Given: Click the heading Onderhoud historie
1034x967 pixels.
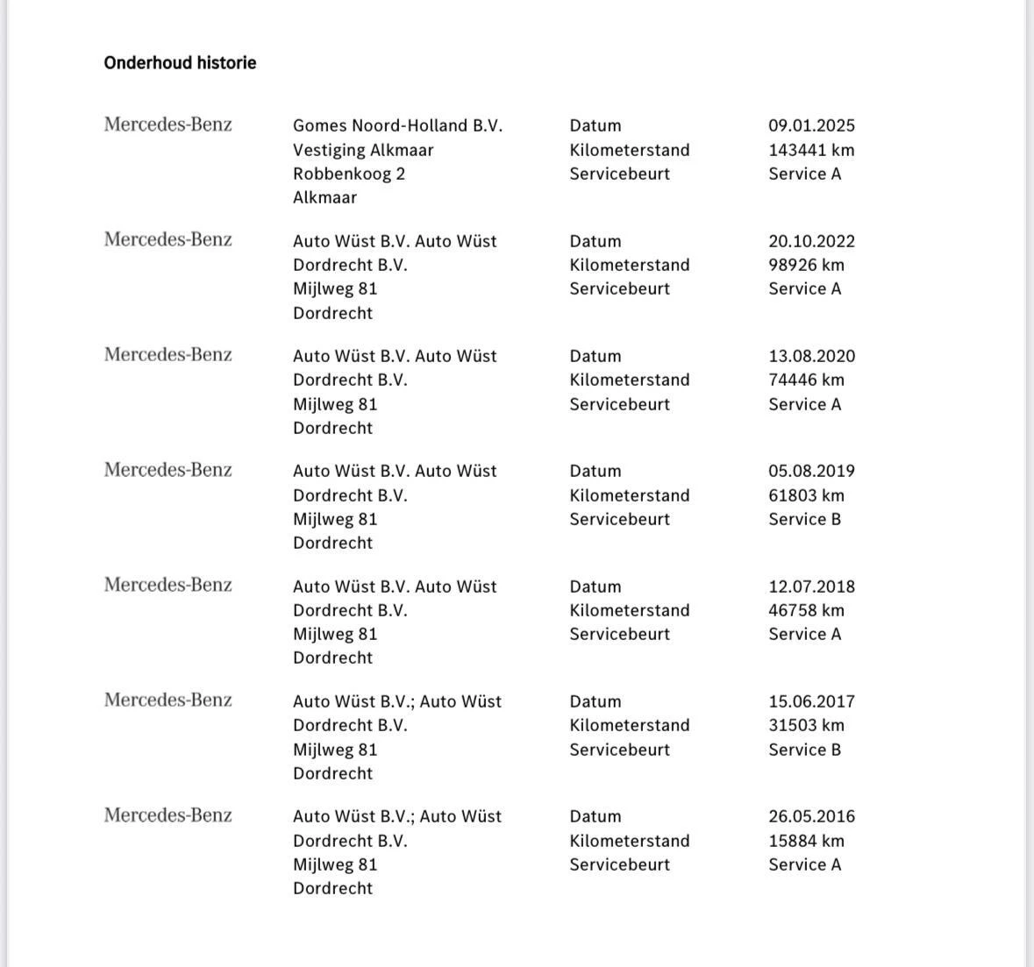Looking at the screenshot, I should click(180, 63).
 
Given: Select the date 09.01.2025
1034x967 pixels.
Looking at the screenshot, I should click(811, 125).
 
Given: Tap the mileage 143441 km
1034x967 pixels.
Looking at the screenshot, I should click(811, 150).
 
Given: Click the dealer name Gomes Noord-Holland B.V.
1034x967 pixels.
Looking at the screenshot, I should click(397, 125).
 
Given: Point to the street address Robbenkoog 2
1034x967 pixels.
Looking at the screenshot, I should click(349, 174).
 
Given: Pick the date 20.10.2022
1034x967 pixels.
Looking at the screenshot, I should click(811, 241).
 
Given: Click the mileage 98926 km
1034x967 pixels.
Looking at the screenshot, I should click(806, 265).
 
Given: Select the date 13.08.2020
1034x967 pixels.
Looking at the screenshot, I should click(811, 356).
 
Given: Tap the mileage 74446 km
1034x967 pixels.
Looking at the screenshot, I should click(806, 380).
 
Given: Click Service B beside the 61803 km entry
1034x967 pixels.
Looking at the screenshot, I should click(804, 519).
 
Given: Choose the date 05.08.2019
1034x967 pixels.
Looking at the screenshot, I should click(811, 471).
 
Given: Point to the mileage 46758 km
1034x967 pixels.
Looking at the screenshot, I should click(806, 610).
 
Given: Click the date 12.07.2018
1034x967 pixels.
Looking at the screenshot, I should click(811, 587).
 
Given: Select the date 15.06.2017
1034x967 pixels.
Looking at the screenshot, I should click(811, 701).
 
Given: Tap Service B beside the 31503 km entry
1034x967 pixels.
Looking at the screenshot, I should click(804, 750).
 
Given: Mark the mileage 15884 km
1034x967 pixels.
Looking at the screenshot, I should click(806, 841).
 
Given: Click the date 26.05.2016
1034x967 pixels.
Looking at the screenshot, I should click(811, 816).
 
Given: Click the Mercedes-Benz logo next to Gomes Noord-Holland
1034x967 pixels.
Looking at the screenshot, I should click(168, 124).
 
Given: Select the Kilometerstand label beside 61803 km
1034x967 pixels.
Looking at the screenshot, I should click(629, 495).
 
